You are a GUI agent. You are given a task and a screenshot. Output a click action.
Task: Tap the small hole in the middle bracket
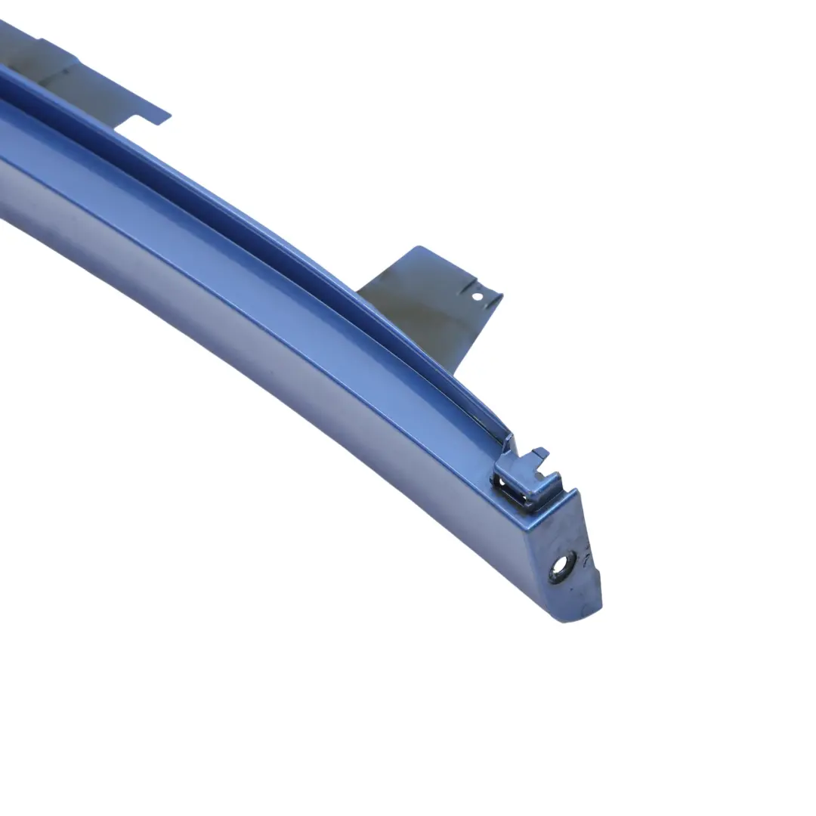pyautogui.click(x=477, y=297)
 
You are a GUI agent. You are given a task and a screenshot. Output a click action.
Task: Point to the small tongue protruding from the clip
pyautogui.click(x=539, y=454)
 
